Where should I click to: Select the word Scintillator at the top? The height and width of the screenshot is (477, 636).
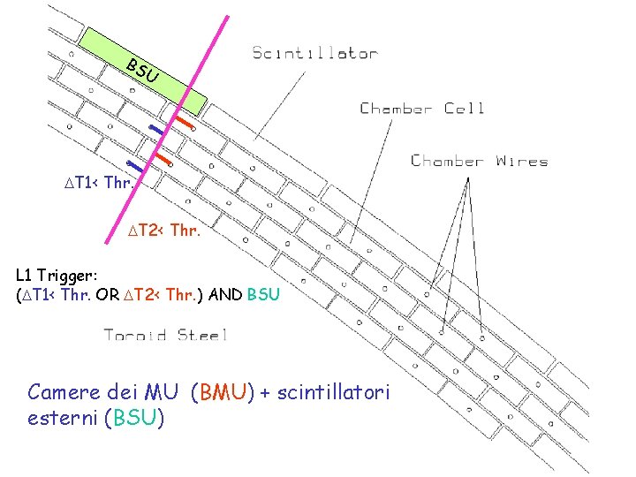(x=315, y=53)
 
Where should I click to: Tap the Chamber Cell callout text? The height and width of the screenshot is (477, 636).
(x=422, y=109)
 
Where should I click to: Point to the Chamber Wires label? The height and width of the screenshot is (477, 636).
(x=480, y=161)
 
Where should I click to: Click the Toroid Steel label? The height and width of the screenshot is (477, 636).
(x=166, y=335)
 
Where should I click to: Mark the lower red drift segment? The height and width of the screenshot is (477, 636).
(x=163, y=159)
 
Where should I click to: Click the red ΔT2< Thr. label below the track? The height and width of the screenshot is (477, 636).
(x=163, y=231)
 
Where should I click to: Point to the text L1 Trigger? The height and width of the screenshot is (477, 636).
(x=53, y=277)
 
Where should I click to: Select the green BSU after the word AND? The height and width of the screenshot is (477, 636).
(x=264, y=295)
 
